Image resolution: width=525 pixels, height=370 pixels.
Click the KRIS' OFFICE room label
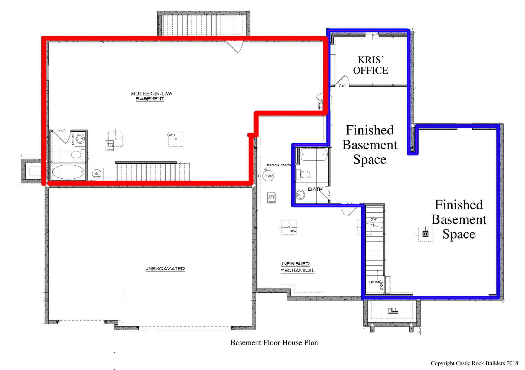(x=371, y=65)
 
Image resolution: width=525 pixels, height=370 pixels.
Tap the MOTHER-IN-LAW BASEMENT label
(x=151, y=96)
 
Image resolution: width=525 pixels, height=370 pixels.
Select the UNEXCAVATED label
(x=165, y=269)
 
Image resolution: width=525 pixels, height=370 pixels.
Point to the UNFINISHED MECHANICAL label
(x=297, y=267)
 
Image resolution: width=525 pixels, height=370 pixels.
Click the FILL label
(x=393, y=310)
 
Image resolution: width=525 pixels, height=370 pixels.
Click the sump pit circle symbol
(x=268, y=176)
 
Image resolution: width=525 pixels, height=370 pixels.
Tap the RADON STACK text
(x=279, y=165)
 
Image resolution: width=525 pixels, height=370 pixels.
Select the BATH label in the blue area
(x=315, y=189)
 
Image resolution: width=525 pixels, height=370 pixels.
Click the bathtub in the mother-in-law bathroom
(x=68, y=172)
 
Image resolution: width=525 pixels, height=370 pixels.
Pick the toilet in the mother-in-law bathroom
(x=77, y=155)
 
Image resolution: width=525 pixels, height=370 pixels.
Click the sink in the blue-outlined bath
(x=301, y=195)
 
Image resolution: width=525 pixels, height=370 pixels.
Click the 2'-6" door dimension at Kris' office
(x=342, y=86)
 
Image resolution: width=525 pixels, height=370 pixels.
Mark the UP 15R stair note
(x=375, y=282)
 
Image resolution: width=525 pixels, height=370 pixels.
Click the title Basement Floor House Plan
(x=274, y=343)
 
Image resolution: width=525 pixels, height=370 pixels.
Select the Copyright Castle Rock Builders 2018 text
(x=474, y=363)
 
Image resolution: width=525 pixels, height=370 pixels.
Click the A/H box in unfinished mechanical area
(x=271, y=198)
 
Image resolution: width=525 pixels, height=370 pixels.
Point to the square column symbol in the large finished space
(x=425, y=234)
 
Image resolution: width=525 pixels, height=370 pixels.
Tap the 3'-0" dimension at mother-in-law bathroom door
(x=62, y=131)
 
